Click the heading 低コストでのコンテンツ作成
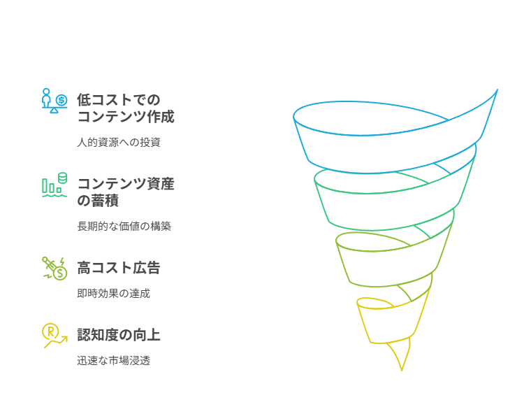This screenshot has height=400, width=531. tap(126, 108)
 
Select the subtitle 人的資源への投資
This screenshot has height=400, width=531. tap(119, 142)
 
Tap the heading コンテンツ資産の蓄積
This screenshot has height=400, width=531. tap(126, 192)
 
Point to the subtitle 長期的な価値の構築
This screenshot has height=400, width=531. tap(124, 226)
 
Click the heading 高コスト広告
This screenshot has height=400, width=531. tap(119, 268)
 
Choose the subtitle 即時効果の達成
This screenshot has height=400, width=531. tap(113, 293)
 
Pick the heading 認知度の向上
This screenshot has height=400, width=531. tap(119, 335)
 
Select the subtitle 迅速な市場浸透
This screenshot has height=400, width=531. tap(113, 360)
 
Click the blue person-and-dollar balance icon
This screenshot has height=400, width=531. tap(54, 101)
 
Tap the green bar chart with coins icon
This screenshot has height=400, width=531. tap(54, 185)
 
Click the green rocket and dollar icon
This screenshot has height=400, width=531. tap(54, 268)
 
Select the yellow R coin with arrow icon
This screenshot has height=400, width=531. tap(54, 336)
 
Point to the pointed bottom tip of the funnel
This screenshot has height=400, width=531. tap(402, 370)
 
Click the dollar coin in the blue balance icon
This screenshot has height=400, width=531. tap(61, 100)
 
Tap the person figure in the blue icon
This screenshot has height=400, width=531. tap(46, 98)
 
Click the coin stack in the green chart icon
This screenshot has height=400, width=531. tap(63, 178)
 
